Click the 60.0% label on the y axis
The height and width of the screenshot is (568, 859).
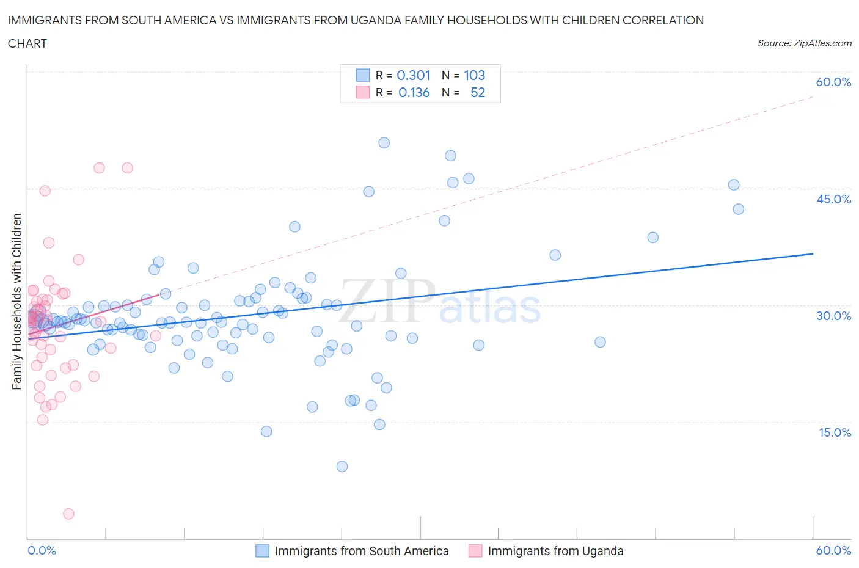(x=833, y=82)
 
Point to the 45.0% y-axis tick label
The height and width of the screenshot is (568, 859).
(x=833, y=199)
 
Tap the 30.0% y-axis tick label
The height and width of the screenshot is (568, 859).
(x=833, y=316)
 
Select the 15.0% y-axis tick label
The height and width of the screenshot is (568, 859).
(x=833, y=432)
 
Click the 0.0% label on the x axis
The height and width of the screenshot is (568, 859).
(x=42, y=550)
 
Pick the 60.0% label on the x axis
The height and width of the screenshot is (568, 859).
(x=833, y=550)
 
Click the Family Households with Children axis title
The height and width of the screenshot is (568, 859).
(x=17, y=301)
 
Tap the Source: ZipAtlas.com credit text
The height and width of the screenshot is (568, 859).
(x=804, y=43)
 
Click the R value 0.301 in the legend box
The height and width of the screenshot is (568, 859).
(x=414, y=75)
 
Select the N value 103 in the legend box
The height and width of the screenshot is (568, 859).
(x=474, y=75)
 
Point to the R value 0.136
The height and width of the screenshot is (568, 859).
(x=414, y=93)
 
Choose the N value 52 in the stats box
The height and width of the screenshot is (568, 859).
(x=477, y=93)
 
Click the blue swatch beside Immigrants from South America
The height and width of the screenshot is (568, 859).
(x=262, y=551)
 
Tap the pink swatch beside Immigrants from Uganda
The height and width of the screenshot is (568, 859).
(x=475, y=551)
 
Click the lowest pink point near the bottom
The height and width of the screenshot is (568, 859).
(x=68, y=514)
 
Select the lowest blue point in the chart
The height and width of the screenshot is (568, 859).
(x=342, y=467)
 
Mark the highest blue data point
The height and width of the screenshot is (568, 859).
(x=384, y=143)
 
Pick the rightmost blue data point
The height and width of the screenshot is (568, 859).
(x=738, y=209)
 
